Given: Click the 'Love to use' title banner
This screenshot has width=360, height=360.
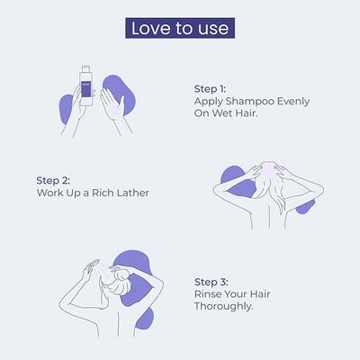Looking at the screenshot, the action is point(180,28).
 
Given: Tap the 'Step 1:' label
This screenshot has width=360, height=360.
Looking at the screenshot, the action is point(210,89).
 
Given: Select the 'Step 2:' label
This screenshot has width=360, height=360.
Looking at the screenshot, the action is point(53,181).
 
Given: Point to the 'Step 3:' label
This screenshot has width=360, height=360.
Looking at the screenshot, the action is point(211,282).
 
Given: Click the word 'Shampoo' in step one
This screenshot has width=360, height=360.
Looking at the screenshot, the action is point(250,102).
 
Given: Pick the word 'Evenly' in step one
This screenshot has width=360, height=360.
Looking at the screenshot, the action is point(293,102).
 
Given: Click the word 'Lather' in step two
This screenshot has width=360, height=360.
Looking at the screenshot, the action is point(133,193).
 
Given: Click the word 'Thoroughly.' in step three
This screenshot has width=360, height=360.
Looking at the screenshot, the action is point(224,307).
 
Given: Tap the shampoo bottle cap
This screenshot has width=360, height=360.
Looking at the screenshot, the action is point(85,68).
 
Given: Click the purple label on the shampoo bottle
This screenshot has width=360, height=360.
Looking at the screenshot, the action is point(85,90).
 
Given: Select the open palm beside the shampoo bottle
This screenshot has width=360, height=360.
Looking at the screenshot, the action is point(111,105).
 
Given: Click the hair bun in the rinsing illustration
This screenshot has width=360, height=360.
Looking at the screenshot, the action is point(121,277).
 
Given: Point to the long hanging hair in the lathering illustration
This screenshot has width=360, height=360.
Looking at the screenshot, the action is point(277,196).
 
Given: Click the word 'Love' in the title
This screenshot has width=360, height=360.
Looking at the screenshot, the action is point(151,29).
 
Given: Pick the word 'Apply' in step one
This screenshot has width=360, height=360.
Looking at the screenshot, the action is point(209,103).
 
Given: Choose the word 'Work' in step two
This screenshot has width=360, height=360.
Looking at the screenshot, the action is point(49,193).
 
